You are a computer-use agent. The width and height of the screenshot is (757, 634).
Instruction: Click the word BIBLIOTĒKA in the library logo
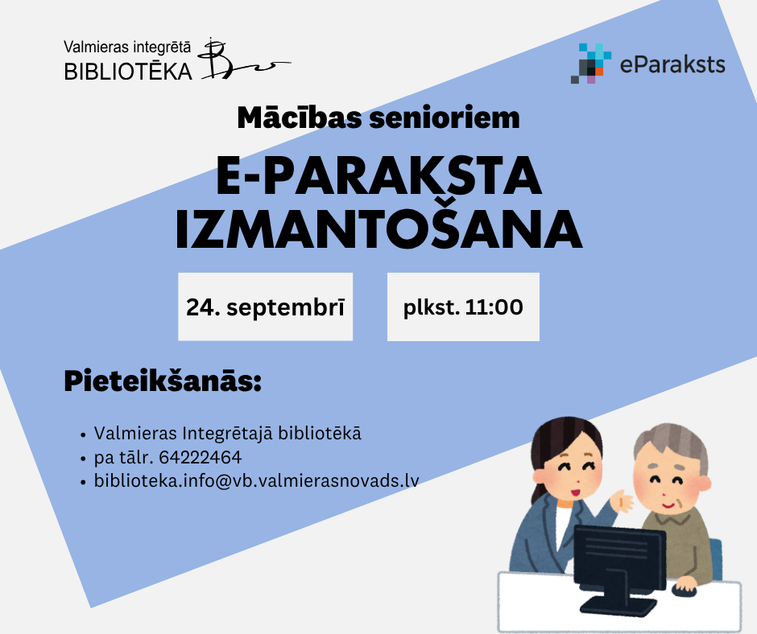pos(128,72)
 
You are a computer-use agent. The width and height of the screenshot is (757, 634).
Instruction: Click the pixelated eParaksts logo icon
pos(591,64)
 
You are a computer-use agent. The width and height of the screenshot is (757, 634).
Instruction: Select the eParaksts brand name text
pos(672,64)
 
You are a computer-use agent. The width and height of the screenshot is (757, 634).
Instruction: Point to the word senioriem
pos(445,118)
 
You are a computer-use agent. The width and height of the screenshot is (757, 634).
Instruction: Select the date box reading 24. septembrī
pos(265,307)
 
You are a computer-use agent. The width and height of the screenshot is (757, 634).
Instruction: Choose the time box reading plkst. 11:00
pos(463,307)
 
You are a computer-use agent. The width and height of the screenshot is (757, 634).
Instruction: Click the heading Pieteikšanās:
pos(163,381)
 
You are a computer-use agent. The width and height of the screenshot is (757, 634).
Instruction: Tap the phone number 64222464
pos(201,458)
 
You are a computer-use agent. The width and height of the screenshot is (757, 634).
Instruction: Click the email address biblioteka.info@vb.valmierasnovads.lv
pos(256,480)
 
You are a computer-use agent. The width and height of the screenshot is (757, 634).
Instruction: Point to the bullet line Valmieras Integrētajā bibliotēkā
pos(227,434)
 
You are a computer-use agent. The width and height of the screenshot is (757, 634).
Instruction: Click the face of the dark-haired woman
pos(574,474)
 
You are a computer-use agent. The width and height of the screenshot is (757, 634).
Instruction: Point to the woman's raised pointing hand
pos(622,502)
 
